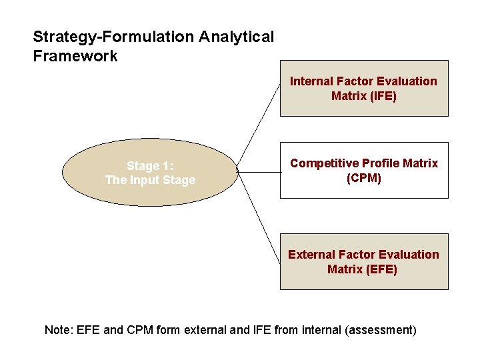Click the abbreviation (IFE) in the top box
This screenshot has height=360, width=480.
coord(383,96)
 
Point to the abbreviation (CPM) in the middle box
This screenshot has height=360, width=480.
coord(364,178)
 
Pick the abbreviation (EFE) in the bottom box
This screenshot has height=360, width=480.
coord(382,269)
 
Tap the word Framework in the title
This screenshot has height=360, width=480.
coord(75,56)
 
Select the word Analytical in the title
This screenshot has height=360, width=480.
coord(236,37)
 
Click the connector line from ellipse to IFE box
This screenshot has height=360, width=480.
coord(259,127)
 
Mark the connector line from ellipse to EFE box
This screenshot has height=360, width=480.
coord(259,217)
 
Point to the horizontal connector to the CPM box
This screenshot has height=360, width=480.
coord(259,172)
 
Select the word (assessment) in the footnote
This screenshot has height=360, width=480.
coord(381,329)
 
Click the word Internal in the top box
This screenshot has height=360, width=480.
coord(311,81)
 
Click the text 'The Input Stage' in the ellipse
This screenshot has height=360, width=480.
coord(151,180)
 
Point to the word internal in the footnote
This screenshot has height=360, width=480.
coord(322,329)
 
